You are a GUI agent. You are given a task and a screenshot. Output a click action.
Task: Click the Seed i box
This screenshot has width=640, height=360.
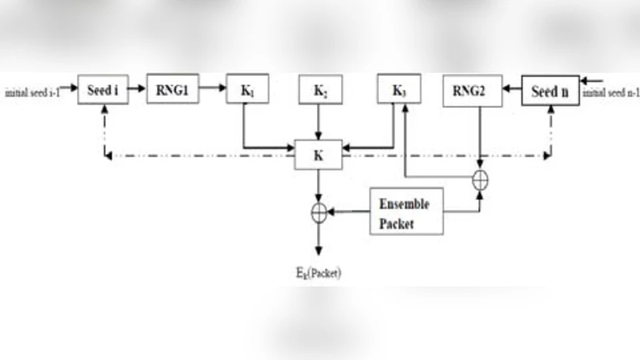[x=103, y=91]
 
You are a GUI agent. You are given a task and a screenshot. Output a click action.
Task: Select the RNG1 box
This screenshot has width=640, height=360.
[x=171, y=90]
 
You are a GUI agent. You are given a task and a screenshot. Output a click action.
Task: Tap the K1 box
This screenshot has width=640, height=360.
[x=247, y=90]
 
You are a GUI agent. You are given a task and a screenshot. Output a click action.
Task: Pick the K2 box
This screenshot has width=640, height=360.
[x=318, y=90]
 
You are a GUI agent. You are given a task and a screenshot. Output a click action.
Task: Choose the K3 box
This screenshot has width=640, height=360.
[x=398, y=90]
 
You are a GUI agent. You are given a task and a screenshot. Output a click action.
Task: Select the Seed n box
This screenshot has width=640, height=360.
[x=550, y=91]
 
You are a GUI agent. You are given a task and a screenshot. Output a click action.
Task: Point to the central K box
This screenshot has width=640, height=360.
[x=318, y=154]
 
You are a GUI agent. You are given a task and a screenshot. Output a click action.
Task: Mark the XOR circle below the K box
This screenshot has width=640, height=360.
[x=318, y=212]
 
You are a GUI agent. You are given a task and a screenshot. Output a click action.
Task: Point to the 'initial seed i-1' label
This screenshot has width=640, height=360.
[x=37, y=93]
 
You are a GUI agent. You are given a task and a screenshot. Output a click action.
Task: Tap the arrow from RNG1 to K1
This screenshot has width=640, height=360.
[x=211, y=90]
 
